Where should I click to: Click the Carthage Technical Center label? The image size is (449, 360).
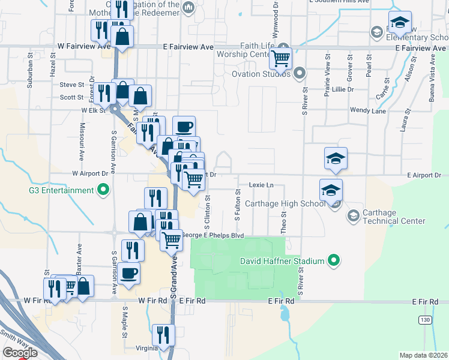click(393, 217)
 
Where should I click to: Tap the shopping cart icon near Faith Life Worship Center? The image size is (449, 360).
click(281, 58)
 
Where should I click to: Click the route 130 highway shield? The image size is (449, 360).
click(426, 320)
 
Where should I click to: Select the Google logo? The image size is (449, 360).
click(19, 353)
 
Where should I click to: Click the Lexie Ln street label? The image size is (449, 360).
click(261, 185)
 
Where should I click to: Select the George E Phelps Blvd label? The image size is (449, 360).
click(212, 235)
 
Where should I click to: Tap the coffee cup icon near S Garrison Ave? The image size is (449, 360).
click(129, 273)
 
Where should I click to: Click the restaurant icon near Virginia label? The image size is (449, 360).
click(163, 334)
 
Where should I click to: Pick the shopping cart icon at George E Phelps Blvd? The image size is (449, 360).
click(172, 239)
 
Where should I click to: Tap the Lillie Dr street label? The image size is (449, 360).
click(343, 89)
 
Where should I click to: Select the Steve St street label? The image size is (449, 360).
click(71, 85)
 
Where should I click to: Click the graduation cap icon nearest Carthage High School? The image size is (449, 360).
click(331, 190)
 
